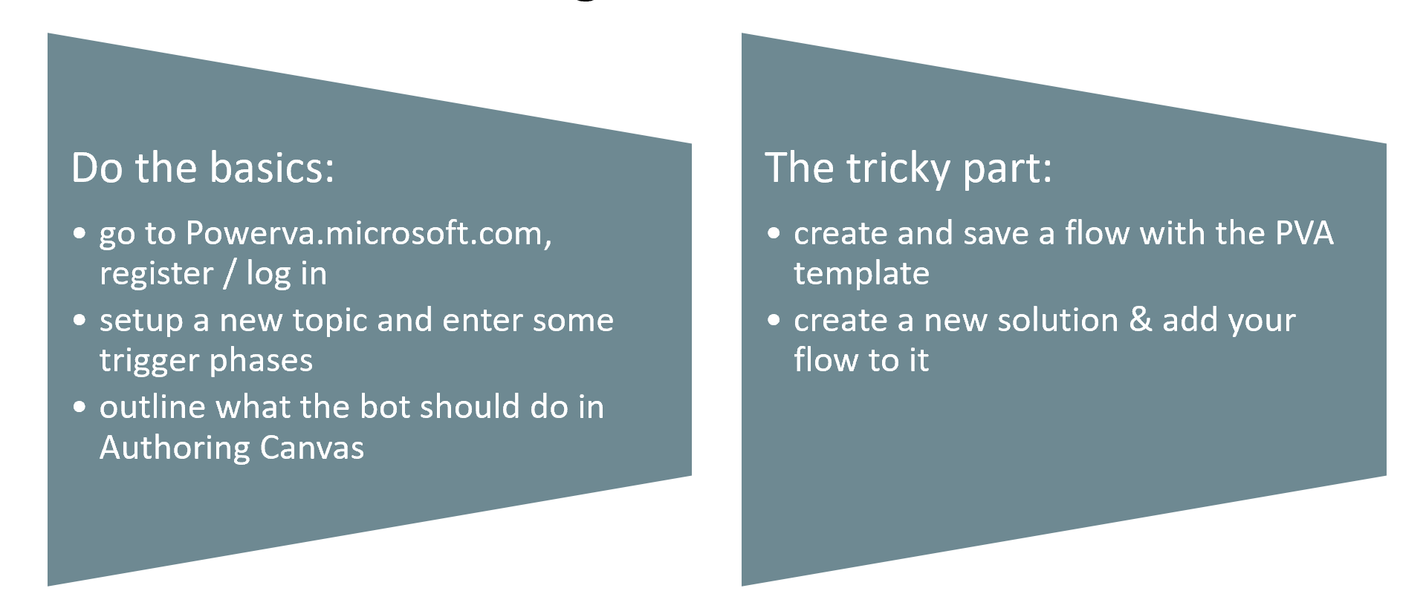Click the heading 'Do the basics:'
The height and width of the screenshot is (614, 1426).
203,169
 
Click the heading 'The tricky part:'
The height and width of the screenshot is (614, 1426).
908,169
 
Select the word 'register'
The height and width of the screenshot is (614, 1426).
157,275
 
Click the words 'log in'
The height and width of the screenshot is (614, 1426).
286,273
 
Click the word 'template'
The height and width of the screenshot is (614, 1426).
861,274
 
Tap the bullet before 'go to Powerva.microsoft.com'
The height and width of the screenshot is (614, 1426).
80,234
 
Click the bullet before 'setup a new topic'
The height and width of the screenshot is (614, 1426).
80,321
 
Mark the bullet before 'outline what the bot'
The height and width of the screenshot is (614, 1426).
80,408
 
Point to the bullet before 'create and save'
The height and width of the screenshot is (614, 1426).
774,234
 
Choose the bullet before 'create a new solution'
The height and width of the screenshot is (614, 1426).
774,321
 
